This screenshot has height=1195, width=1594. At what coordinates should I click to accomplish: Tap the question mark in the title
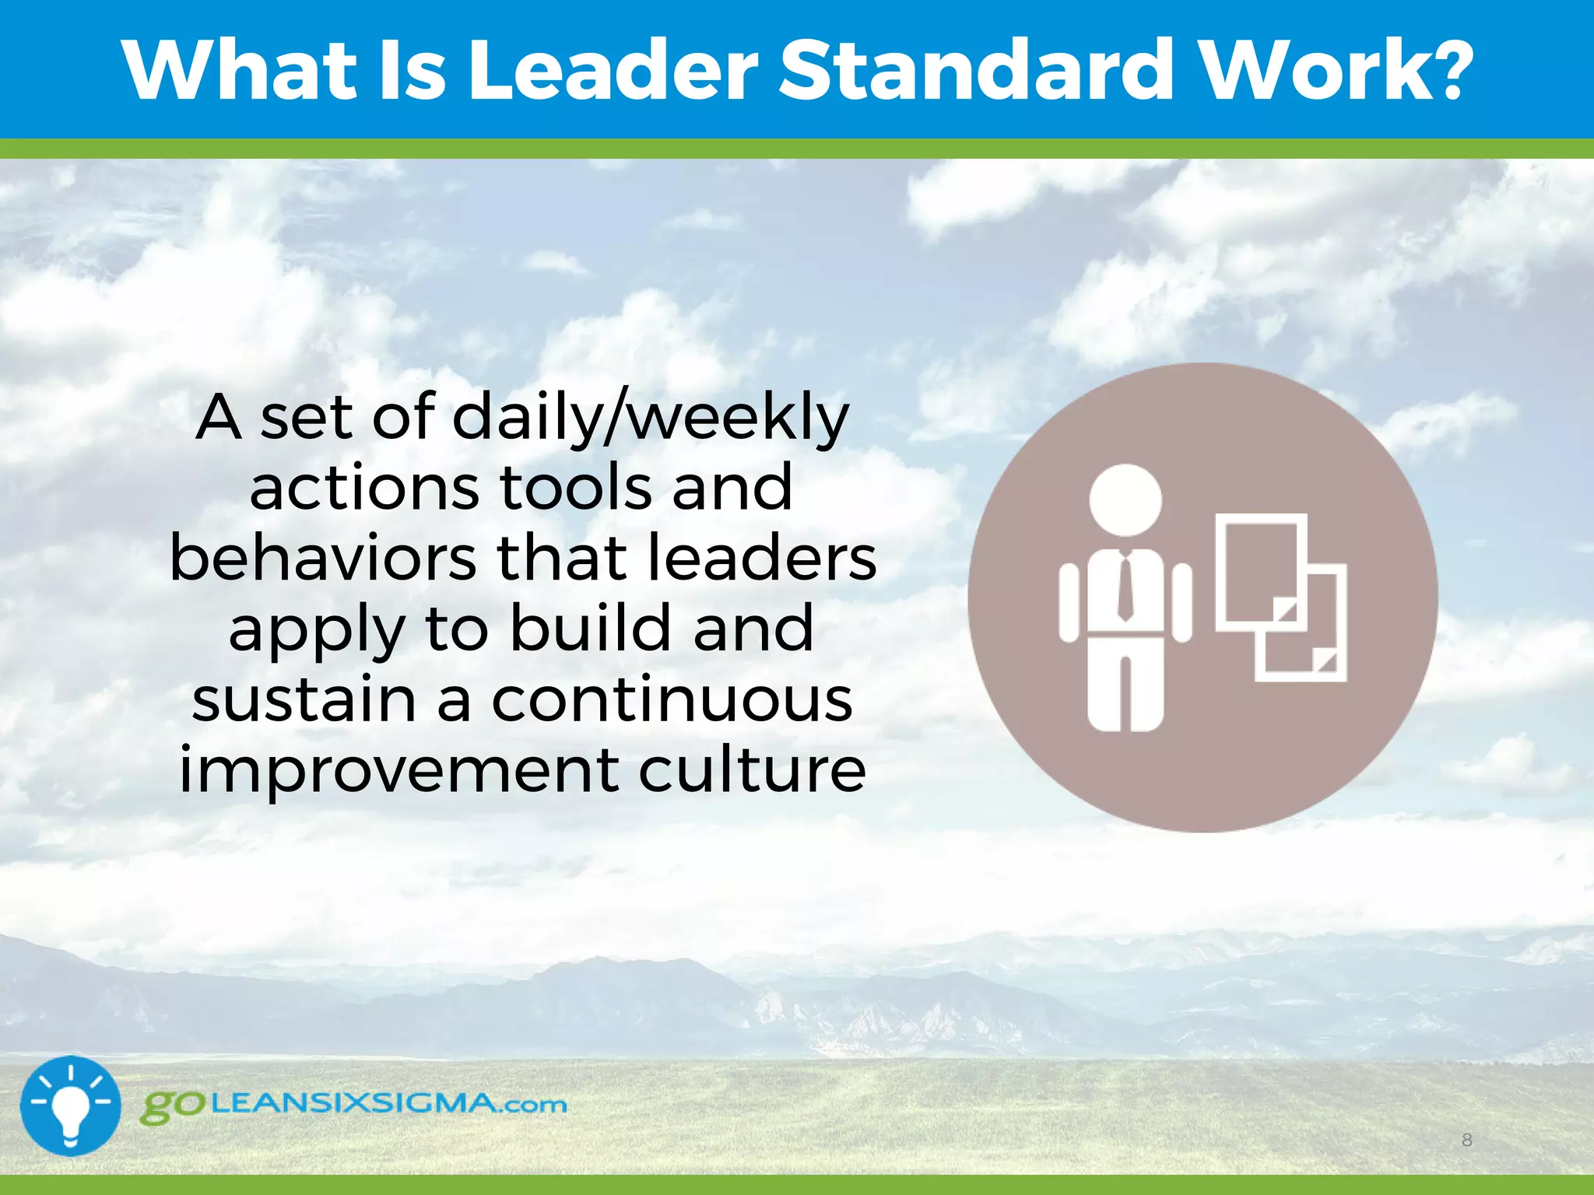[x=1447, y=72]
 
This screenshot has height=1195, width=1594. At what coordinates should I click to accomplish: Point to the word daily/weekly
[x=650, y=419]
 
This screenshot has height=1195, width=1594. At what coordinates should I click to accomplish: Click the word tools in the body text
[x=575, y=488]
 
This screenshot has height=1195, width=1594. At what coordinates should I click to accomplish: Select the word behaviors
[x=322, y=558]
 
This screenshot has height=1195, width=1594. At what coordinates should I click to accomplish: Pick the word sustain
[x=304, y=699]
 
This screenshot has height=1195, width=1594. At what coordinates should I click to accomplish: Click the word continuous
[x=672, y=699]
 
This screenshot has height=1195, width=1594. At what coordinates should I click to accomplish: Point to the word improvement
[x=398, y=769]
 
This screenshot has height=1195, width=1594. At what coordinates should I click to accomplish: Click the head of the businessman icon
[x=1125, y=499]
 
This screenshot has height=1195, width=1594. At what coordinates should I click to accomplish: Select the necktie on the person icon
[x=1125, y=587]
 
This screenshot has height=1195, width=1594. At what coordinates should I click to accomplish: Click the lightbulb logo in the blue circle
[x=71, y=1106]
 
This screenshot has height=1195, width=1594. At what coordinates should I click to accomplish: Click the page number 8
[x=1466, y=1141]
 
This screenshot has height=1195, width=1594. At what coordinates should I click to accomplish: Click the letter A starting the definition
[x=218, y=419]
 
